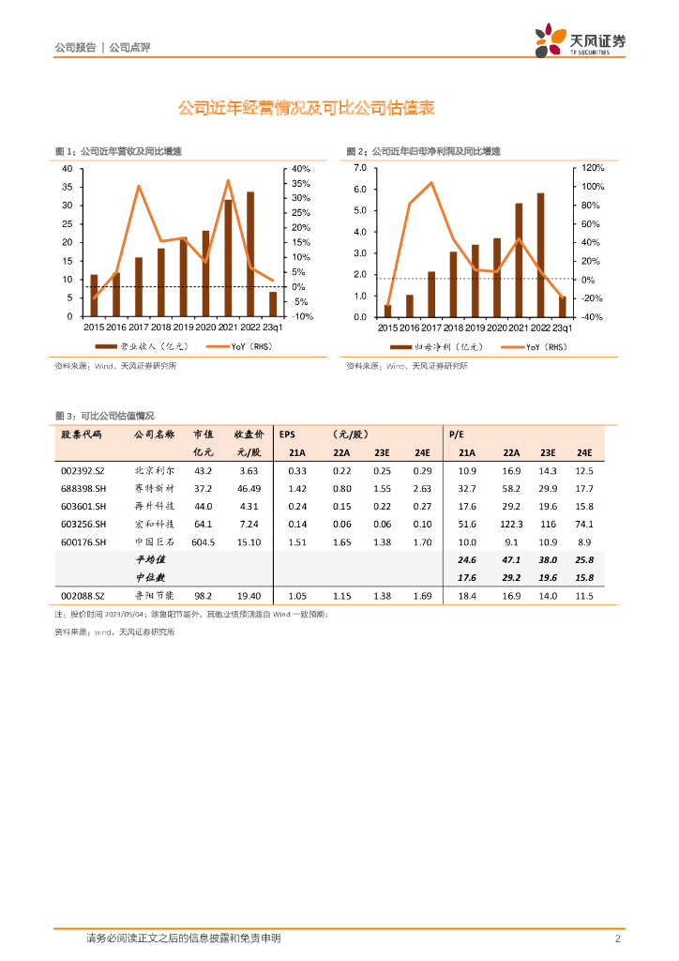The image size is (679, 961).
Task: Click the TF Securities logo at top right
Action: click(580, 42)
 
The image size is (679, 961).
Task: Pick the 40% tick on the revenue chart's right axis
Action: click(301, 169)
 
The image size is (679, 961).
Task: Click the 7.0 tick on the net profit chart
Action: click(359, 168)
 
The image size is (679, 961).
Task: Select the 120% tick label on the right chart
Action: click(593, 168)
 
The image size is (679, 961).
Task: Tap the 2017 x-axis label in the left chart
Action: click(139, 328)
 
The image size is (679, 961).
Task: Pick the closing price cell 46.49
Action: click(249, 488)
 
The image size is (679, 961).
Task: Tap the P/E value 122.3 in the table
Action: click(511, 524)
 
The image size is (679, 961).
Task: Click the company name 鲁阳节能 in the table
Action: click(153, 595)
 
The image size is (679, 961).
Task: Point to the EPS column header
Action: click(287, 435)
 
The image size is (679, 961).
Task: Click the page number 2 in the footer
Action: click(618, 938)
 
